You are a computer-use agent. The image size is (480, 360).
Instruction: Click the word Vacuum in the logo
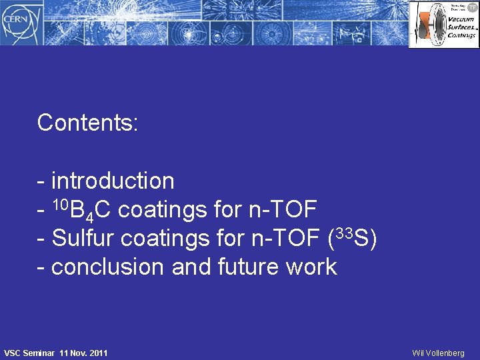460,19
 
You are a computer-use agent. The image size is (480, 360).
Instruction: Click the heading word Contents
87,123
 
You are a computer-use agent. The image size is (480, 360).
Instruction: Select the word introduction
112,181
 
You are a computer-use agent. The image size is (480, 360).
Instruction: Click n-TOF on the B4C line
282,210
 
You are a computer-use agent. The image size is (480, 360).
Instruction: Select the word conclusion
108,267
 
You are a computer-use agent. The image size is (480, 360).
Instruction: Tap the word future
251,267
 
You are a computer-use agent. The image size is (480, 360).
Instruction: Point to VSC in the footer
14,352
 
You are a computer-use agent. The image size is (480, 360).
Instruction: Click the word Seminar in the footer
41,352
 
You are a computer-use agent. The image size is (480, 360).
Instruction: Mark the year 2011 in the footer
97,352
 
